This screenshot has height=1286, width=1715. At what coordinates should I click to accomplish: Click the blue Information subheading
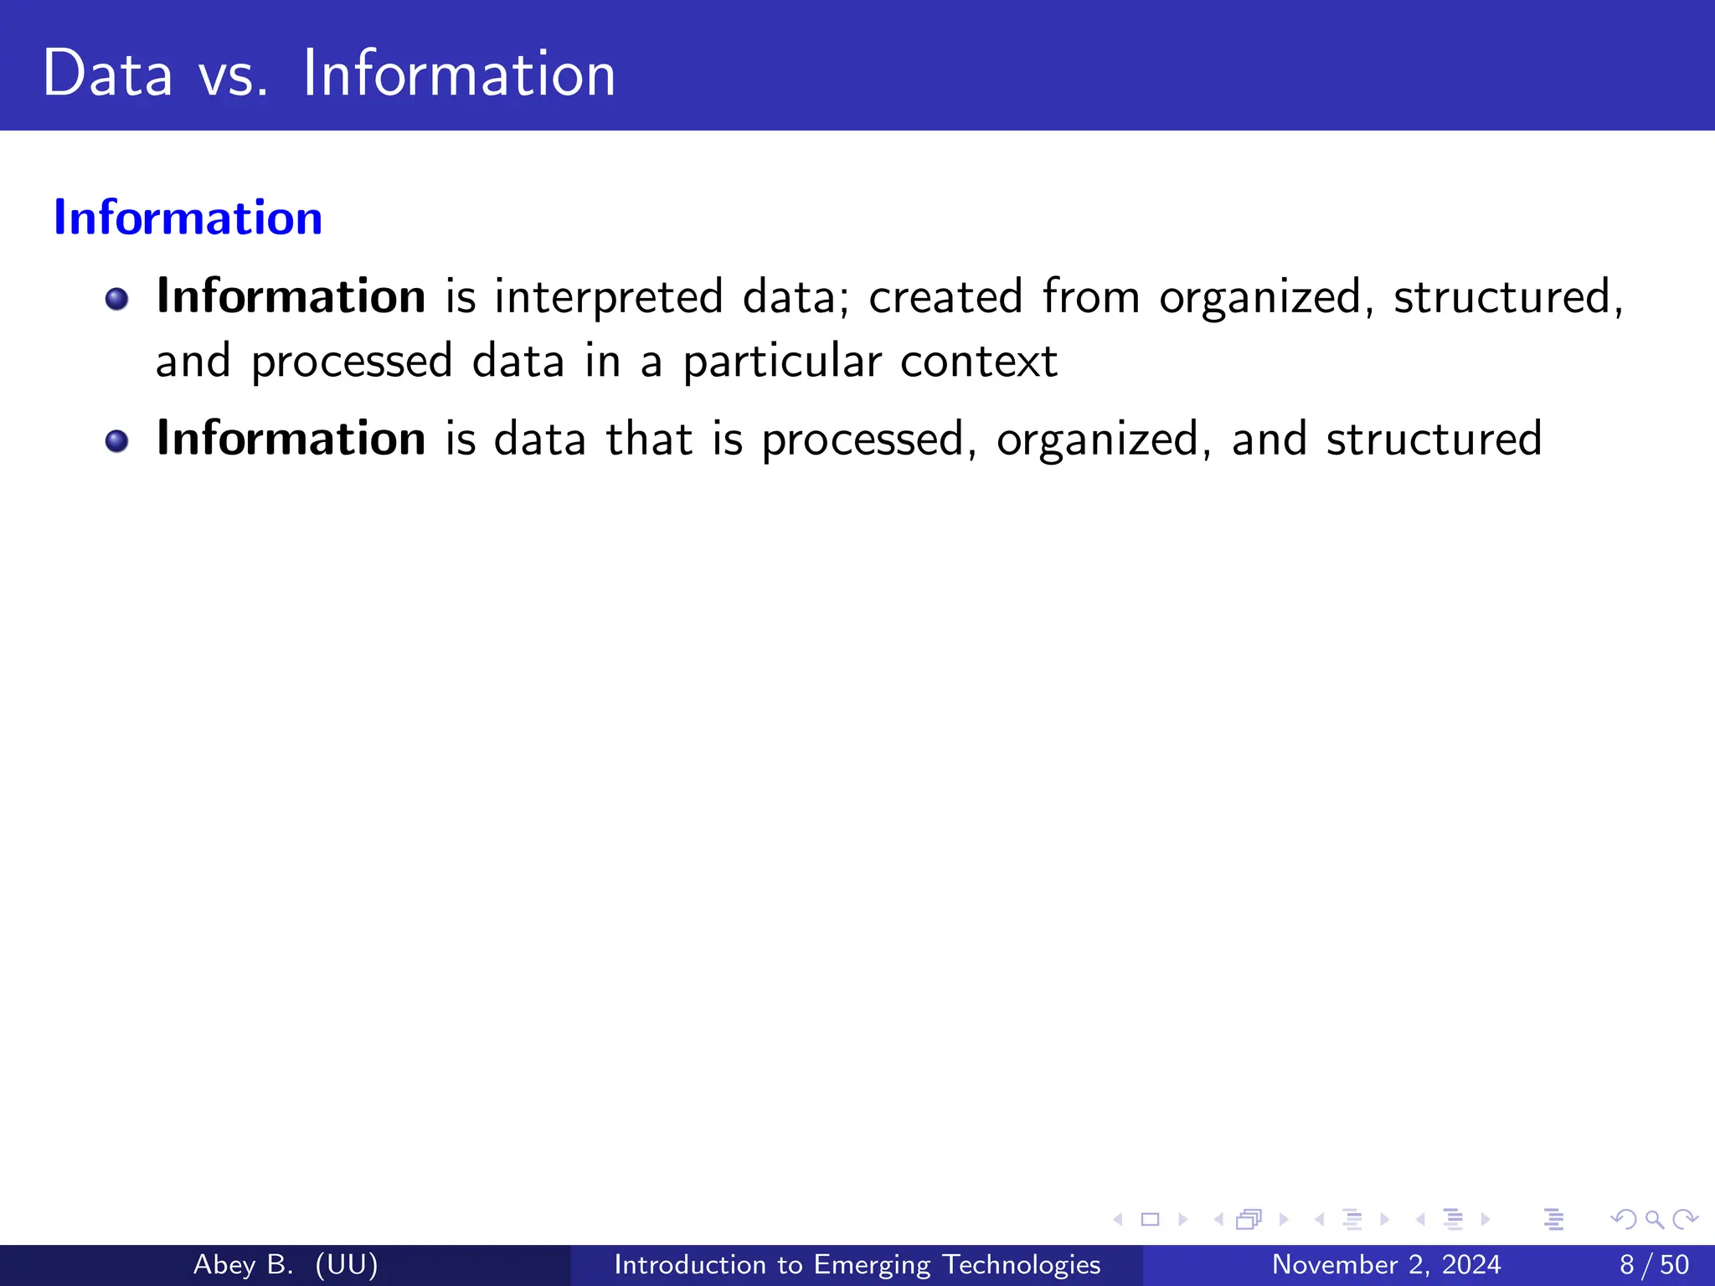pos(188,218)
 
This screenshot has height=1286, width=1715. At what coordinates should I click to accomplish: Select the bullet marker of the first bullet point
pos(117,299)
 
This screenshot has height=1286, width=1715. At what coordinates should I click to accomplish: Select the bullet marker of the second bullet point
pos(117,441)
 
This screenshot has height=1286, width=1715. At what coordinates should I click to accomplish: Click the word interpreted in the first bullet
pos(609,298)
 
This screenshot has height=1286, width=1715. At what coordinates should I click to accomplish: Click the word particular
pos(782,362)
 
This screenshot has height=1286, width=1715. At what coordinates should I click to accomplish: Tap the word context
pos(979,362)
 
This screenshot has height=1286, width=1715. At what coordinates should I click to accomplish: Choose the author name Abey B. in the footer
pos(243,1264)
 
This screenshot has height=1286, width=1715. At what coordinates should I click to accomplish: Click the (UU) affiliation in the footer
pos(347,1264)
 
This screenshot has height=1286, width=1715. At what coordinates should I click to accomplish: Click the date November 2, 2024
pos(1386,1264)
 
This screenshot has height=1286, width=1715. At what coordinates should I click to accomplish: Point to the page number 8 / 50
pos(1654,1264)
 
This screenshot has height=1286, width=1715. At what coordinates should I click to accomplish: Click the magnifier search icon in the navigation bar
pos(1654,1219)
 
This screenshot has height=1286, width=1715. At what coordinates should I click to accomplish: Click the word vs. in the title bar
pos(233,75)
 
